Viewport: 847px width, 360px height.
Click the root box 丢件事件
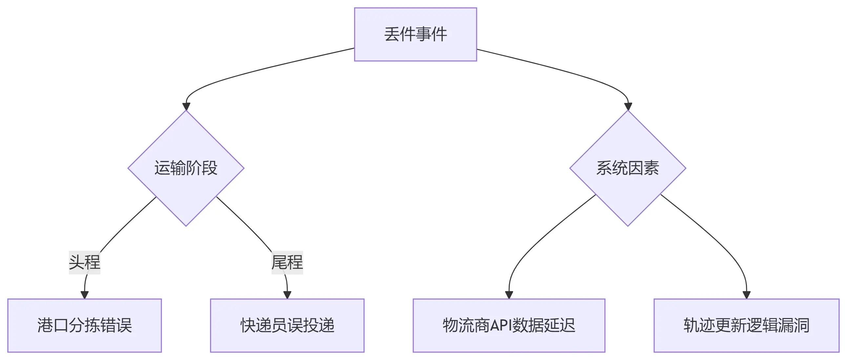coord(415,34)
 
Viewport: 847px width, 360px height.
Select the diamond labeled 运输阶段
coord(186,168)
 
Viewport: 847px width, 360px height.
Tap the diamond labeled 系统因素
coord(627,168)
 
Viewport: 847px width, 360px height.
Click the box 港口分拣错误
coord(85,325)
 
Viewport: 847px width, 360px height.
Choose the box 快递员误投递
coord(287,325)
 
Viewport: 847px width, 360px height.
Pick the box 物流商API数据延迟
coord(509,325)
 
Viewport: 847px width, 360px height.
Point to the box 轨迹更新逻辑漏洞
coord(746,325)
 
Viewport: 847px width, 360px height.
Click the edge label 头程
coord(85,262)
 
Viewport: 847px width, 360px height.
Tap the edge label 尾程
coord(287,262)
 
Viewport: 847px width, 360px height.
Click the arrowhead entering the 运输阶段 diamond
coord(186,107)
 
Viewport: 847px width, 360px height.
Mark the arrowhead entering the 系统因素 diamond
coord(628,107)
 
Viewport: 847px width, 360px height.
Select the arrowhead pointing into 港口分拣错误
coord(85,295)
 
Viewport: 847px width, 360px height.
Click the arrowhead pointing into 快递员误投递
coord(287,295)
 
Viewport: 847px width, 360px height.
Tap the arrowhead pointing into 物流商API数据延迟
coord(509,295)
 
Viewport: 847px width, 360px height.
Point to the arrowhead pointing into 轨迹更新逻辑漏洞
coord(746,295)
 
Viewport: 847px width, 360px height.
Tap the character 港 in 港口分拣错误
coord(45,325)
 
